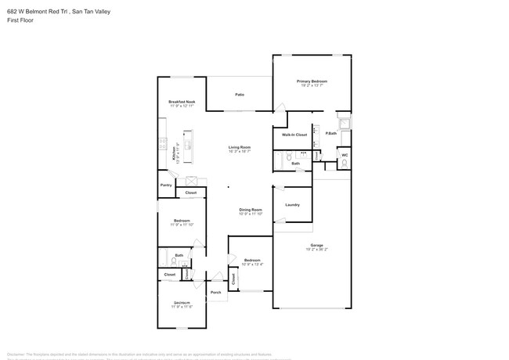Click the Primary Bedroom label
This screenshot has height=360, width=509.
312,81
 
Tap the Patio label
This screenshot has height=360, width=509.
240,95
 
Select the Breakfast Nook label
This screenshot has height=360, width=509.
182,102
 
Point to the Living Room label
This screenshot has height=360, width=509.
240,147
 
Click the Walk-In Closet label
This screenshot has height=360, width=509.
294,135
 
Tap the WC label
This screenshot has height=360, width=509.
344,155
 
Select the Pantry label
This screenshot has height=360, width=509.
166,185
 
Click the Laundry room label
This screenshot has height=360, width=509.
292,205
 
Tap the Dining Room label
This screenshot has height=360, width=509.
251,210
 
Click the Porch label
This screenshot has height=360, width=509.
215,293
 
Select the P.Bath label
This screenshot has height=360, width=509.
331,133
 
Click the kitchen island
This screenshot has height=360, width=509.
189,141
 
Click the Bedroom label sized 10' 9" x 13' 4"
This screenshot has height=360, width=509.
251,260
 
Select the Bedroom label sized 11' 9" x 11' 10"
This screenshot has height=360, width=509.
182,221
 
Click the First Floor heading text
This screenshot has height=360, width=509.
19,20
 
